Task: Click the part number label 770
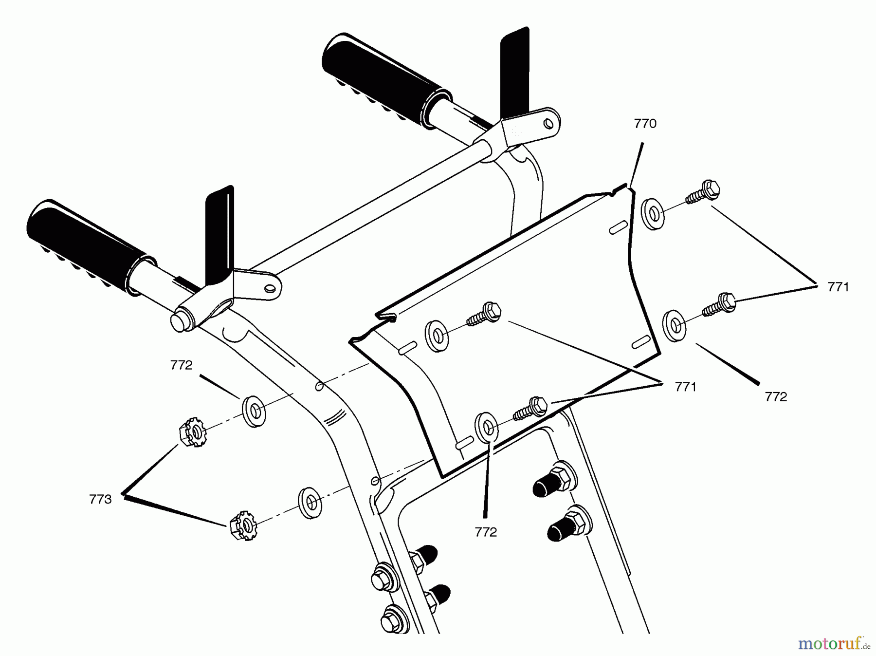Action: (645, 124)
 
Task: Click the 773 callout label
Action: (100, 499)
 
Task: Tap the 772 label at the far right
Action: (776, 397)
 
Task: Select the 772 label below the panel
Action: (486, 532)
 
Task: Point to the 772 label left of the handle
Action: (181, 365)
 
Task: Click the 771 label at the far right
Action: (838, 287)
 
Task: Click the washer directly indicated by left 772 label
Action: (254, 412)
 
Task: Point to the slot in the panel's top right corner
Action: (619, 227)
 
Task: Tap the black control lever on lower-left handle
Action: (219, 234)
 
